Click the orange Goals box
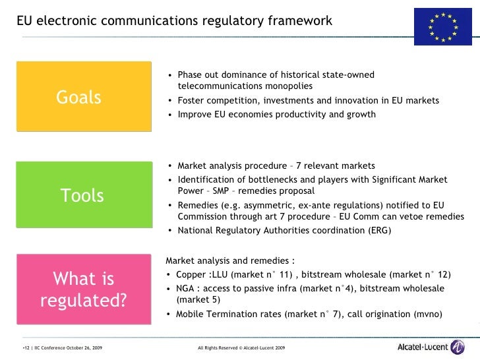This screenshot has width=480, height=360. tap(79, 98)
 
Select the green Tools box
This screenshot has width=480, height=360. tap(82, 195)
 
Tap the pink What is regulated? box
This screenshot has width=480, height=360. tap(83, 289)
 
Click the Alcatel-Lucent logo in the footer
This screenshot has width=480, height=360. tap(431, 347)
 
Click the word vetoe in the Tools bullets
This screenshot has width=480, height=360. tap(409, 217)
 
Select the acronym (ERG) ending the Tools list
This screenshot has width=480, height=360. tap(378, 231)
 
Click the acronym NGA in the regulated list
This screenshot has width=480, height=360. tap(186, 289)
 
